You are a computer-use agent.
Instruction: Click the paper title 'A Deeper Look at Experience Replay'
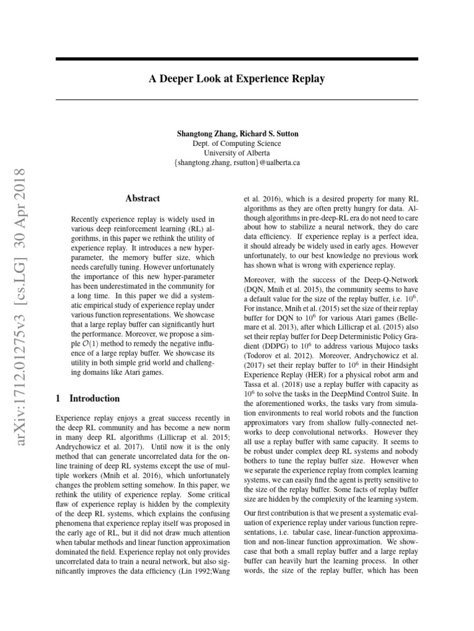pyautogui.click(x=237, y=79)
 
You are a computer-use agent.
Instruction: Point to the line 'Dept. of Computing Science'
pyautogui.click(x=237, y=143)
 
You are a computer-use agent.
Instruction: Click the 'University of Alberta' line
pyautogui.click(x=237, y=153)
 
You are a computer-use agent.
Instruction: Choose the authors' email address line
pyautogui.click(x=237, y=163)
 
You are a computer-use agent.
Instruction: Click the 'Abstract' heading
pyautogui.click(x=143, y=198)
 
